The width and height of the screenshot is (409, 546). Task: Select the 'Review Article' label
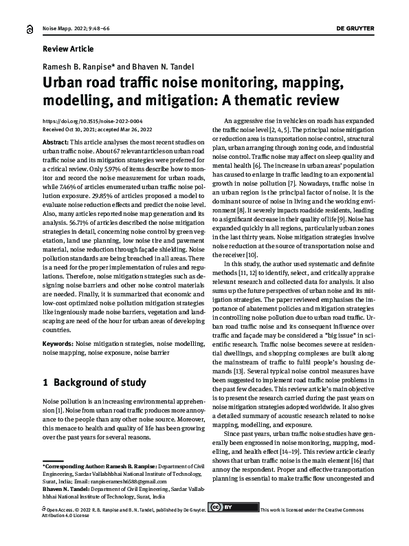(68, 50)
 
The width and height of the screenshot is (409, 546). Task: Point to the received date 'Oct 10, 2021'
(82, 129)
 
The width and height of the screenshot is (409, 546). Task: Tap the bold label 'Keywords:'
(58, 342)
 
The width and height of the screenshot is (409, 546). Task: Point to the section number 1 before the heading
(45, 382)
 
